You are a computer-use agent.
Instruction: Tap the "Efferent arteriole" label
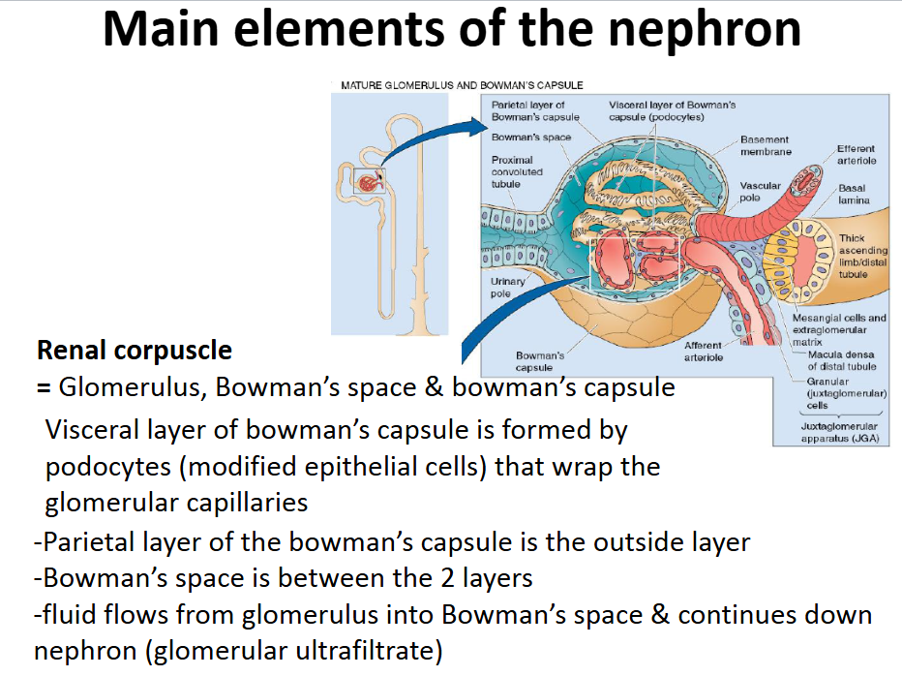point(857,154)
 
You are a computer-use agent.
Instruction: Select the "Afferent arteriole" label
point(703,351)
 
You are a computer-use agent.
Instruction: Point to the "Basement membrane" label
point(765,145)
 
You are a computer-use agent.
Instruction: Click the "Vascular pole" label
point(757,191)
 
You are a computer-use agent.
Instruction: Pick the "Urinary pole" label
point(508,287)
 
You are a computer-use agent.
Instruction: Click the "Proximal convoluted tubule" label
point(517,171)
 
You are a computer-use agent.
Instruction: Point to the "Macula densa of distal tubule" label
point(842,360)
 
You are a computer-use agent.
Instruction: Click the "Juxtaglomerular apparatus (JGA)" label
point(839,431)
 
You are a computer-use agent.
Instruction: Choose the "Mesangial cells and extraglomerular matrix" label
point(838,329)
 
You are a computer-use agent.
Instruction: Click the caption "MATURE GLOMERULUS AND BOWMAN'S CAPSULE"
point(462,85)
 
